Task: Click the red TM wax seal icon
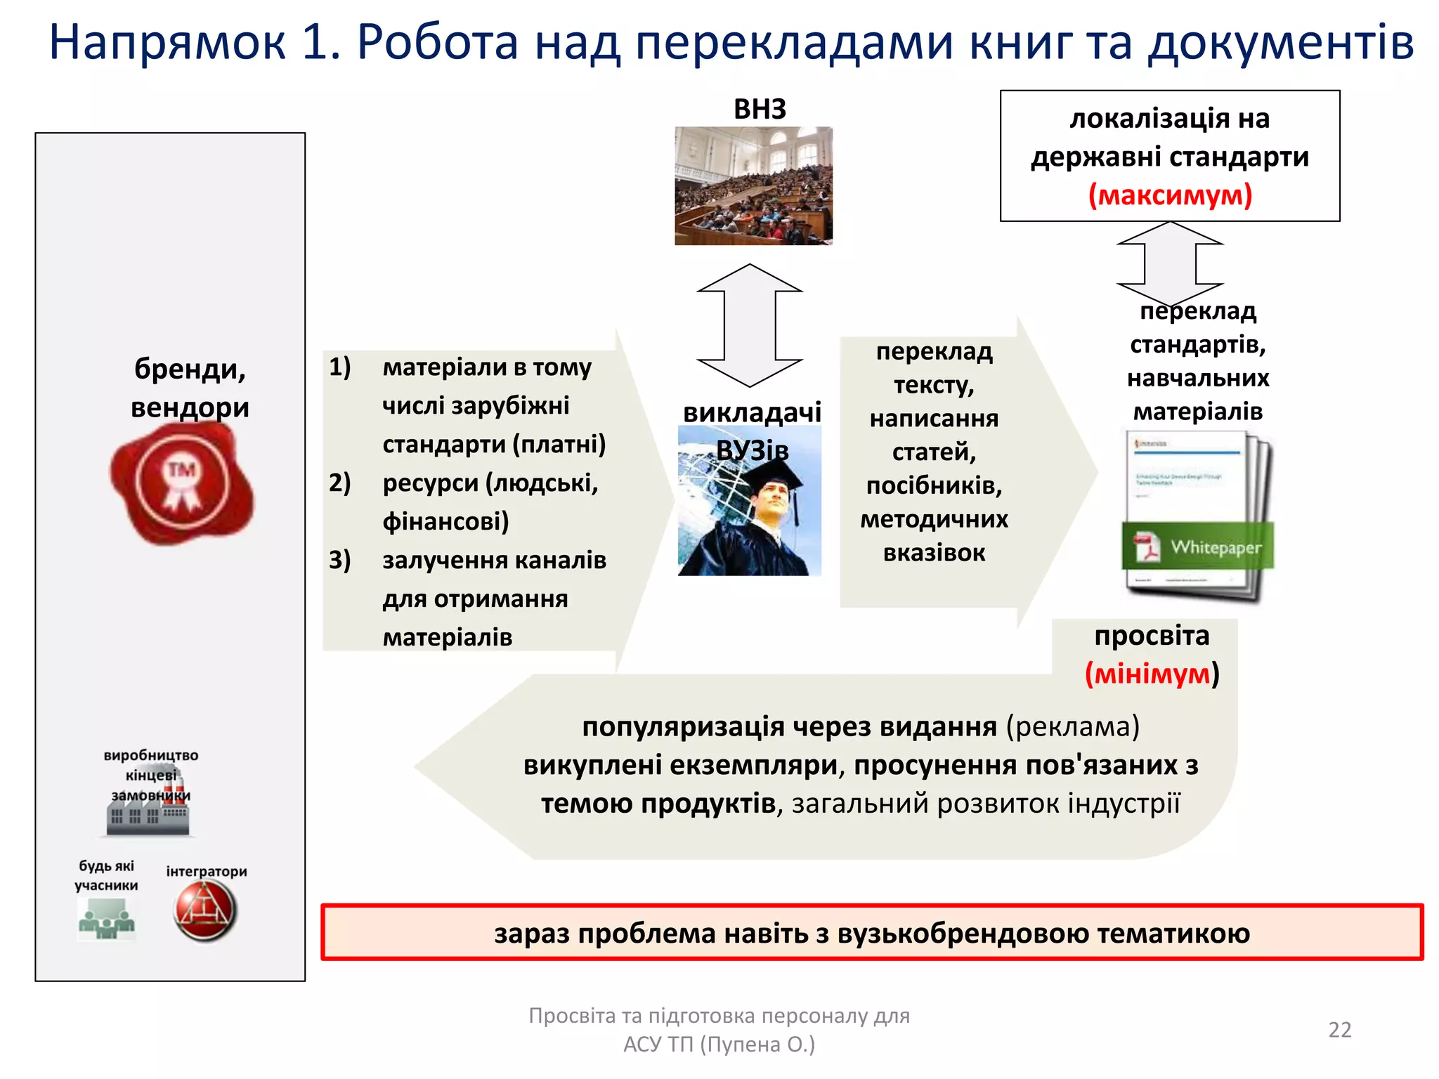click(x=182, y=483)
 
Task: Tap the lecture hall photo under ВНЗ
click(x=753, y=185)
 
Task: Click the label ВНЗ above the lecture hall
click(x=760, y=109)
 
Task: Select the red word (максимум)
click(x=1170, y=195)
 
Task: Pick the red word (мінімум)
click(x=1152, y=674)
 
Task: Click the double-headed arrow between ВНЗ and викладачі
click(x=750, y=325)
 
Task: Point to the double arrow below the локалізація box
click(x=1170, y=263)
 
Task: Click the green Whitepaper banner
click(x=1198, y=546)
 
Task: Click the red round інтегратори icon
click(x=204, y=910)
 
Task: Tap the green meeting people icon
click(x=106, y=920)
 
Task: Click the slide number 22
click(x=1339, y=1029)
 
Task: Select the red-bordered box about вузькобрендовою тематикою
click(x=871, y=933)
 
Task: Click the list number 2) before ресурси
click(x=340, y=483)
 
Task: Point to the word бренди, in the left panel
click(x=190, y=369)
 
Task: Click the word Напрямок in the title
click(x=167, y=42)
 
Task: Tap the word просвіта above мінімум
click(x=1152, y=635)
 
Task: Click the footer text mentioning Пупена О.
click(x=719, y=1044)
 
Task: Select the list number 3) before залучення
click(x=340, y=560)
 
